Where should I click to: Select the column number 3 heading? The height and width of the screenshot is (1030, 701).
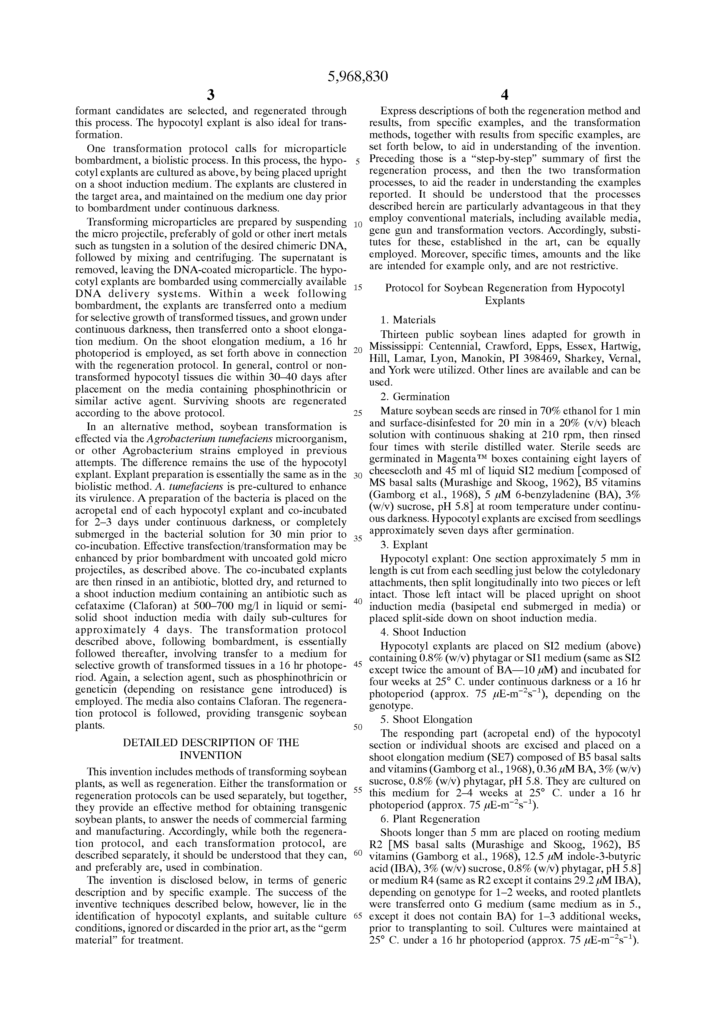211,95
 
